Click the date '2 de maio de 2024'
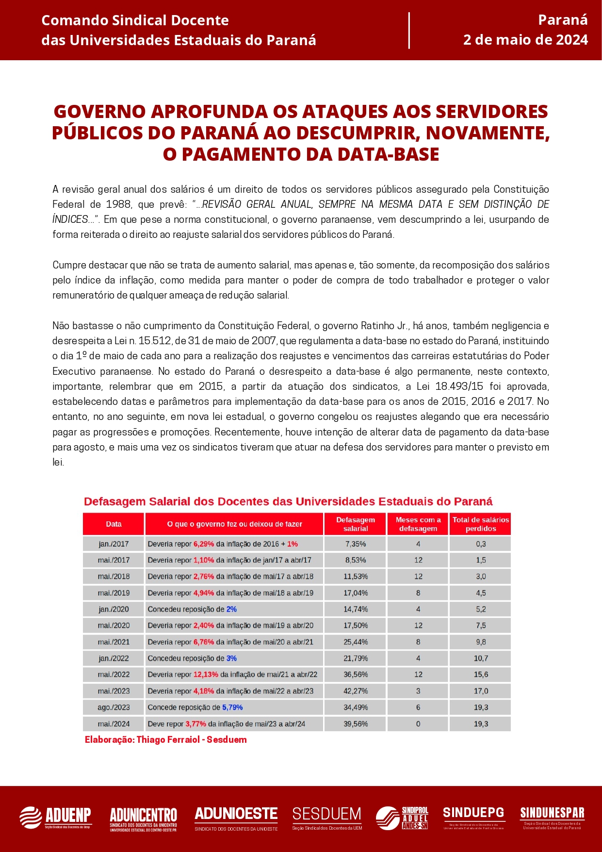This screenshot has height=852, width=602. coord(525,40)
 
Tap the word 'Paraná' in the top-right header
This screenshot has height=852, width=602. coord(563,20)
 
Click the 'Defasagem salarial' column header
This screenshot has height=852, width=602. coord(356,524)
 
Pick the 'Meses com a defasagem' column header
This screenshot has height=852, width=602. coord(418,524)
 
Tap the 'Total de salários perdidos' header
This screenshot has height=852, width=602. coord(480,524)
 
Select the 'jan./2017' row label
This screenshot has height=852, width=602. coord(114,544)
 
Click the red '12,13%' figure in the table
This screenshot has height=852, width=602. coord(206,675)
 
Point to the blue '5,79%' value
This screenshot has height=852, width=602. coord(232,707)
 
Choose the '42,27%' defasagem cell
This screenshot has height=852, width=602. coord(356,691)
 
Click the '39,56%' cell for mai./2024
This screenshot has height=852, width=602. coord(356,724)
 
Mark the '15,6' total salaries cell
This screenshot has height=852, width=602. coord(481,675)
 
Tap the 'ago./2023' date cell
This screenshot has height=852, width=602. coord(114,707)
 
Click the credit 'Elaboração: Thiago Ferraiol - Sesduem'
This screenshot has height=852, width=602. coord(165,740)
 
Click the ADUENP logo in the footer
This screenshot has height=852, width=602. coord(55,818)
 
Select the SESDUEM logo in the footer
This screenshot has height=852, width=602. coord(327,818)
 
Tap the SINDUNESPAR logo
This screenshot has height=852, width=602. coord(552,818)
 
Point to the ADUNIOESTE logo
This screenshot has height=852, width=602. coord(236,818)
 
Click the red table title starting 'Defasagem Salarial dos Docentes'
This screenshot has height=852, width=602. coord(288,501)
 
